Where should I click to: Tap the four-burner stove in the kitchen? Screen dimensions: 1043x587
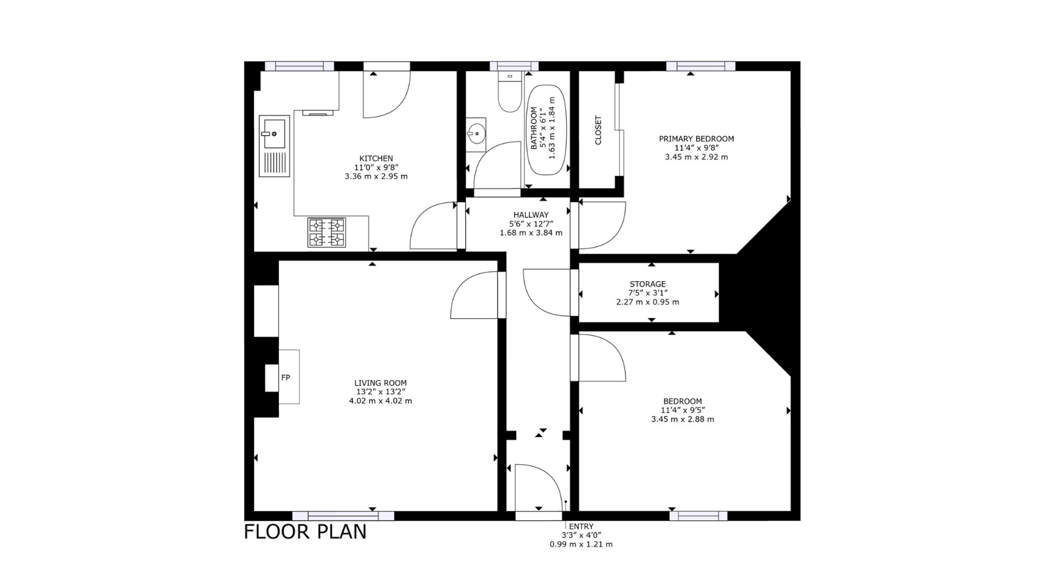point(327,232)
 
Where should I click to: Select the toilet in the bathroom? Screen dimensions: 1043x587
point(510,92)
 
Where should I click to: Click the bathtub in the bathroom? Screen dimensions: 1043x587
point(548,130)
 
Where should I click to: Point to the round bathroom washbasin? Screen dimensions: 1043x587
point(476,134)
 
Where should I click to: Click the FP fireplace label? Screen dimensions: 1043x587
point(285,378)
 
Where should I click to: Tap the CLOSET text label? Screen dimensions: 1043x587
point(598,130)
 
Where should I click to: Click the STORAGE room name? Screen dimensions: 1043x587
point(648,284)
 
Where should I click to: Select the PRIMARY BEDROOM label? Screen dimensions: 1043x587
point(696,139)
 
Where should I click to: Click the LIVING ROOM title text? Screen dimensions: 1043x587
point(380,383)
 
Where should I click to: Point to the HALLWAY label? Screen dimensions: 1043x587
point(531,215)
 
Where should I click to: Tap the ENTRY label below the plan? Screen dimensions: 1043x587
point(581,526)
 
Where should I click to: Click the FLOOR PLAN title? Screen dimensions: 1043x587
point(306,532)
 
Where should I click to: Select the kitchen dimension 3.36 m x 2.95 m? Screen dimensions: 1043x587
point(376,176)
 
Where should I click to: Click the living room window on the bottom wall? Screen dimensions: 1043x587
point(343,516)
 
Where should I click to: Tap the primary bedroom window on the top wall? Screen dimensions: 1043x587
point(700,66)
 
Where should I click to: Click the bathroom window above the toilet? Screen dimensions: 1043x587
point(514,66)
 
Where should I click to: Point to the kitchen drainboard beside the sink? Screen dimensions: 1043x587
point(274,163)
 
